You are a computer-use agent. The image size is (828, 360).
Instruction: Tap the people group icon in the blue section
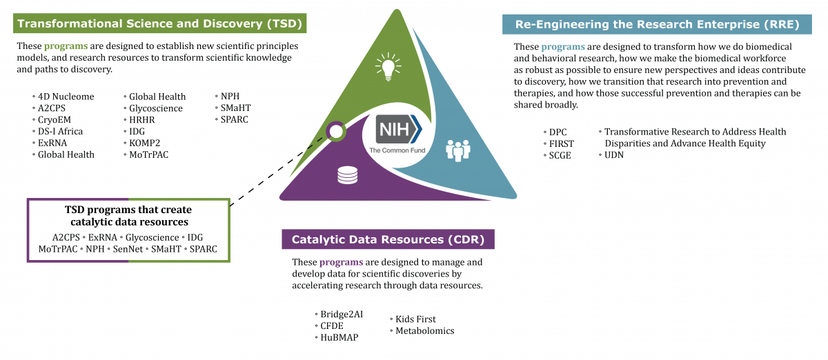point(457,148)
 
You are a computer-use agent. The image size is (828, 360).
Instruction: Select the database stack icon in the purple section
point(347,176)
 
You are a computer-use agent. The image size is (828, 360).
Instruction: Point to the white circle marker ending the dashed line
point(336,130)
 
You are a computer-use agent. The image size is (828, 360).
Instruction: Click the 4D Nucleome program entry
point(66,97)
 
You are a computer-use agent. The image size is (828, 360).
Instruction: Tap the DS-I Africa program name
point(60,131)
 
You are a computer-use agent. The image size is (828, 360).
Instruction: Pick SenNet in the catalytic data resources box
point(127,248)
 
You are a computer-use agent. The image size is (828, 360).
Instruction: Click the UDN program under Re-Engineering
point(614,155)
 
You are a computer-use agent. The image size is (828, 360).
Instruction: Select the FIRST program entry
point(562,143)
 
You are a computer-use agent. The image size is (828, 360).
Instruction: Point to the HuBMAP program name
point(339,337)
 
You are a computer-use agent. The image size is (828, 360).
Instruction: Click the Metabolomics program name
point(424,331)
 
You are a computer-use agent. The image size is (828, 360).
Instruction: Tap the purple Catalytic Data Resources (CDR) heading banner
point(388,240)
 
